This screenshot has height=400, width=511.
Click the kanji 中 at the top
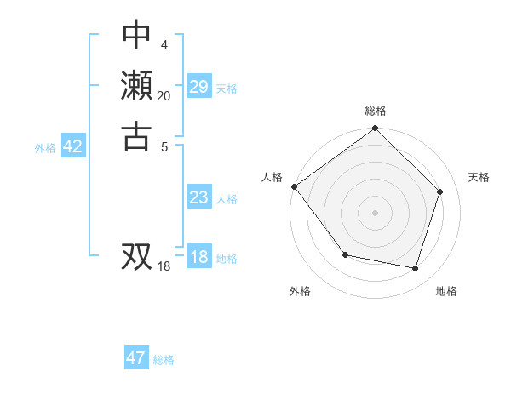136,36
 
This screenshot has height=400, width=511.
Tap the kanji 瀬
136,86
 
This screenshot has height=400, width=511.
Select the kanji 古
136,135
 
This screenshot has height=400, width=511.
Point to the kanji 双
136,255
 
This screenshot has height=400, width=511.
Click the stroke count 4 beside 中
164,45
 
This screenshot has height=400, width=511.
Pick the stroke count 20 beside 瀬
164,95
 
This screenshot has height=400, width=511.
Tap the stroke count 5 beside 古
164,146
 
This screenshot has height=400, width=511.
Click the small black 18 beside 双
164,266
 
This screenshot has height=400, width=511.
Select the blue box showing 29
198,87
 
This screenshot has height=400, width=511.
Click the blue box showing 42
72,146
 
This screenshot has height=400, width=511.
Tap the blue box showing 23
198,197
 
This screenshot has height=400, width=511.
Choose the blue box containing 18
198,257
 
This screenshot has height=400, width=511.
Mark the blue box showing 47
136,358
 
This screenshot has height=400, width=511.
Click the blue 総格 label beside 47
164,360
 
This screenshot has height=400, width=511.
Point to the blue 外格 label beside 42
45,148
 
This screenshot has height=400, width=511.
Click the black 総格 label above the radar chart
376,111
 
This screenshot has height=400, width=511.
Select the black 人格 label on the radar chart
273,177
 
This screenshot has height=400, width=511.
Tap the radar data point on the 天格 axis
440,191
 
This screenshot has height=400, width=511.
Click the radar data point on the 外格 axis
345,254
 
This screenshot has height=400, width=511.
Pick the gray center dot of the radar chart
376,212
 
